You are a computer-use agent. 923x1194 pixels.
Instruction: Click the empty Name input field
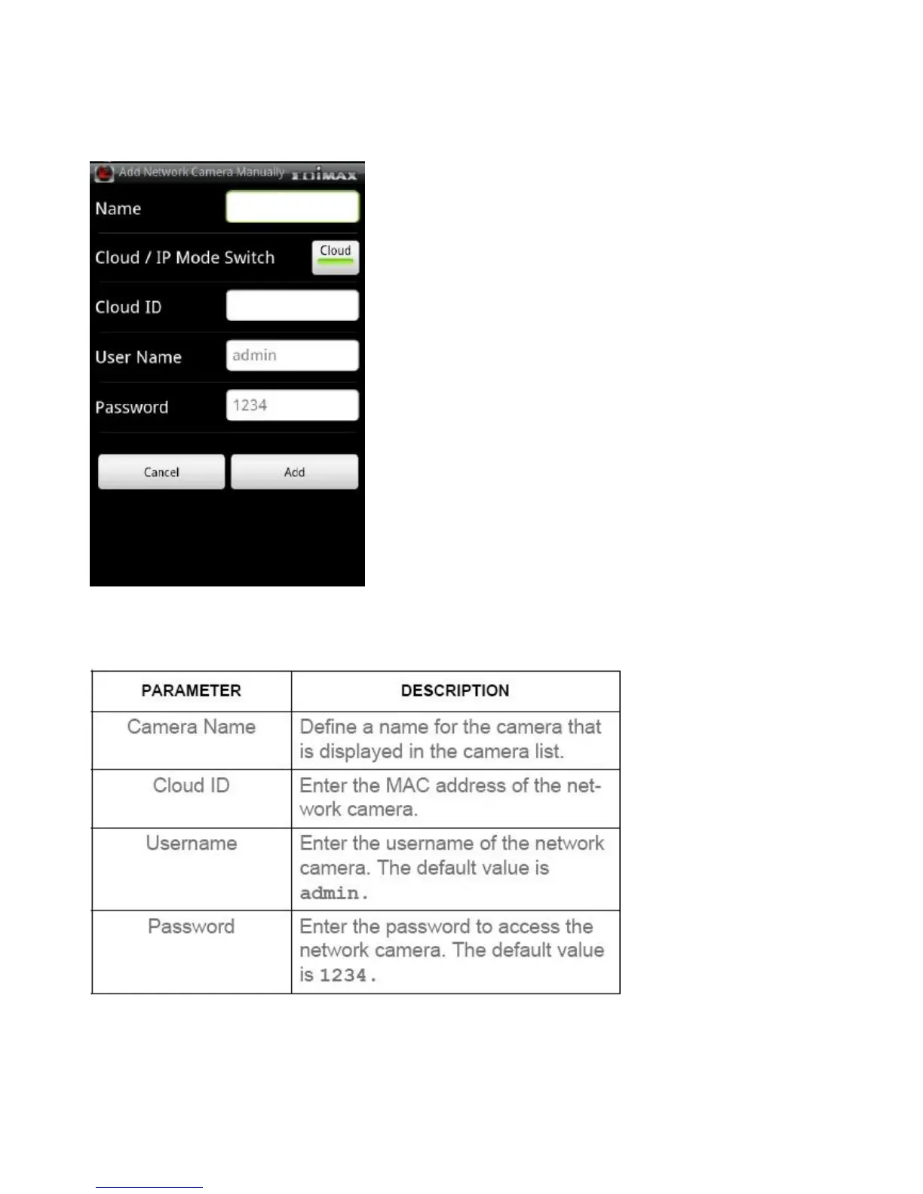click(292, 207)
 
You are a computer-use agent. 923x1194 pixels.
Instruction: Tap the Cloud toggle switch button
click(335, 257)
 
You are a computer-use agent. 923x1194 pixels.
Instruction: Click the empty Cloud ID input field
click(292, 306)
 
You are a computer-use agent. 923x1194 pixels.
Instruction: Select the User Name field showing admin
click(292, 356)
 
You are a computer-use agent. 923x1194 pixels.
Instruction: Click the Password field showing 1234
click(292, 406)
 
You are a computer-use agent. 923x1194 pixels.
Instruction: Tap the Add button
click(294, 472)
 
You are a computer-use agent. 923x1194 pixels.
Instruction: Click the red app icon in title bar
click(104, 173)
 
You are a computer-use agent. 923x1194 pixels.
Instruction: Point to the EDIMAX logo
click(324, 175)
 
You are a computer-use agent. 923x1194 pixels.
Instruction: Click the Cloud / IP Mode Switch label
click(185, 258)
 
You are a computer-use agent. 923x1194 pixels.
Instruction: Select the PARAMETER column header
click(192, 690)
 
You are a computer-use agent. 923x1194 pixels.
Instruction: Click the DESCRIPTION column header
click(455, 690)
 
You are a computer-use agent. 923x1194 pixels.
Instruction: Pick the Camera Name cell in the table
click(192, 727)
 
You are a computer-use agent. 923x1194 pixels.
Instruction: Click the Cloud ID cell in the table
click(192, 785)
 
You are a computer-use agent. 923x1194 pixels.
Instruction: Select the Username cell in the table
click(192, 843)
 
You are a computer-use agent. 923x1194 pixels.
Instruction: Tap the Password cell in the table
click(192, 926)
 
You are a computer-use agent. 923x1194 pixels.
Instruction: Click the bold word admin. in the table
click(333, 893)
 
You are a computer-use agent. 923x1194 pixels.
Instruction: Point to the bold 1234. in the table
click(347, 975)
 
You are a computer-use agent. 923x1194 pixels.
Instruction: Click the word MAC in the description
click(408, 785)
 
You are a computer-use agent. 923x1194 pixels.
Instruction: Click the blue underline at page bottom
click(149, 1187)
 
